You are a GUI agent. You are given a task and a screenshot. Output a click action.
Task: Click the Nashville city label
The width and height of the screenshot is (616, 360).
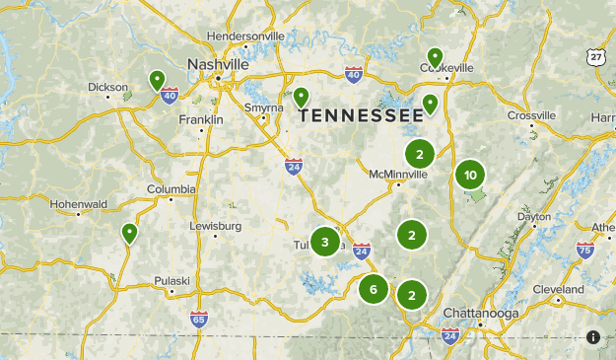(x=218, y=64)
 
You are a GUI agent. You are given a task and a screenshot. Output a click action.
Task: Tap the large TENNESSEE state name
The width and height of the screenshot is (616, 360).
(x=362, y=115)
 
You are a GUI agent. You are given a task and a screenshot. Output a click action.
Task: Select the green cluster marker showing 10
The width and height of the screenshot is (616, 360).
(x=470, y=176)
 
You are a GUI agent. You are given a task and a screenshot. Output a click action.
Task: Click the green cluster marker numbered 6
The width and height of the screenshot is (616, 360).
(x=374, y=289)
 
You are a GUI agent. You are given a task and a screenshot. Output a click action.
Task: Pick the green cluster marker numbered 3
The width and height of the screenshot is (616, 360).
(x=324, y=241)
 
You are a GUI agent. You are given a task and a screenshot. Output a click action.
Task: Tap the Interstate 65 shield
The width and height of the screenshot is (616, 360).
(x=199, y=319)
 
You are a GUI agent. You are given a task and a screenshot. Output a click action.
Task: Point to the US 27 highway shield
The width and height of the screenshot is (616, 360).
(x=596, y=58)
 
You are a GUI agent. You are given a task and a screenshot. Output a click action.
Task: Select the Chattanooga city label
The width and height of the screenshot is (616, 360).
(x=479, y=313)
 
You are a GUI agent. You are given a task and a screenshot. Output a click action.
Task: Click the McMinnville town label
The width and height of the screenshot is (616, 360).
(x=400, y=174)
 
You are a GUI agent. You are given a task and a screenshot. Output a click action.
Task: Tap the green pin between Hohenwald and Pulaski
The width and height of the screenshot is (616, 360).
(x=129, y=234)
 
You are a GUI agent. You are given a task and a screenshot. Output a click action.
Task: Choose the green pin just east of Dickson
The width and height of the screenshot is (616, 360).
(x=157, y=80)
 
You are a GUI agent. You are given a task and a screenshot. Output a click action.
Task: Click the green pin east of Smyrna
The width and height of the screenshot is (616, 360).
(x=301, y=98)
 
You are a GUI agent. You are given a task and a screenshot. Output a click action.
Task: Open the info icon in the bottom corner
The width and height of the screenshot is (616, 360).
(x=593, y=337)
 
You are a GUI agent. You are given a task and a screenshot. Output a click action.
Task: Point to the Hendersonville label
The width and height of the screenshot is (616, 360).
(x=245, y=36)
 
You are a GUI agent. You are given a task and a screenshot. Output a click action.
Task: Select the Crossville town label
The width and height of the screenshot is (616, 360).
(x=532, y=115)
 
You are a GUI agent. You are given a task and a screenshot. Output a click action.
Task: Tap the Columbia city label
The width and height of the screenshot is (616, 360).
(x=171, y=189)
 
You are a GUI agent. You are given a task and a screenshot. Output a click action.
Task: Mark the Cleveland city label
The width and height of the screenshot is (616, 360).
(x=558, y=289)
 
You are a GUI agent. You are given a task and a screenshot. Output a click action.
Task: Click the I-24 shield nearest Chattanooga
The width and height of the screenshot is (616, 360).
(x=450, y=336)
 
